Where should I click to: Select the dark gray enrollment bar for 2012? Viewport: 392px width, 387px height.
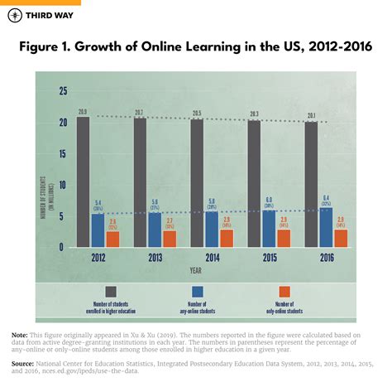(x=83, y=181)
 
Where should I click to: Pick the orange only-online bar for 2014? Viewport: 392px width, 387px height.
(x=226, y=238)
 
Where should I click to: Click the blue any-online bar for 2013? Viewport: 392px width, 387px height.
(x=155, y=230)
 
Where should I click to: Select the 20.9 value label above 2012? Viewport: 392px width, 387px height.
(x=83, y=111)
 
